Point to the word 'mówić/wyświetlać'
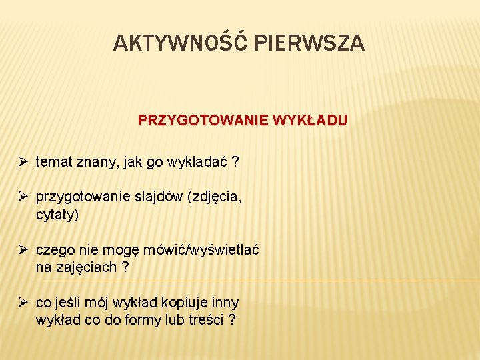tap(203, 251)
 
